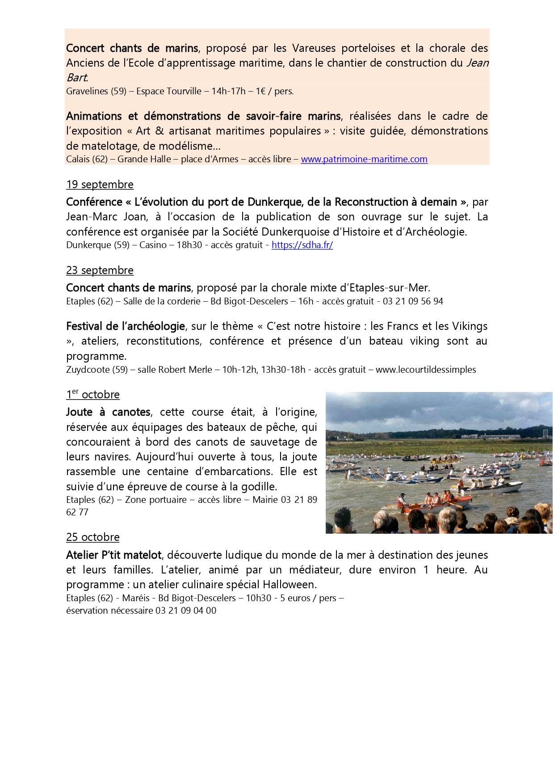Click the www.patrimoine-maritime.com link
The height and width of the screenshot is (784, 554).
pyautogui.click(x=364, y=159)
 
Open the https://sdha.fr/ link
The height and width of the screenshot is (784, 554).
pyautogui.click(x=302, y=245)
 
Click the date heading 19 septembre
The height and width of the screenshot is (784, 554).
pyautogui.click(x=100, y=185)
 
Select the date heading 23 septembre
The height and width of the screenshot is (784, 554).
pyautogui.click(x=100, y=270)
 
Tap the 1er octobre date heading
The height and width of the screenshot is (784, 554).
pyautogui.click(x=93, y=395)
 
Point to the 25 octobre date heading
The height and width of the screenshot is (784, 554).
pyautogui.click(x=93, y=537)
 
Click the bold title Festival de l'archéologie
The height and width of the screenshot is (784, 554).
pyautogui.click(x=126, y=326)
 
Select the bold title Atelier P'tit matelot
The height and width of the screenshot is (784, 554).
pyautogui.click(x=113, y=555)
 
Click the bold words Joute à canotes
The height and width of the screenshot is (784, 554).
pyautogui.click(x=108, y=412)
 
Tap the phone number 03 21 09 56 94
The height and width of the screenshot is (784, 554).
pyautogui.click(x=413, y=301)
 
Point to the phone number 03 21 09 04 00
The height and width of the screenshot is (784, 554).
pyautogui.click(x=186, y=611)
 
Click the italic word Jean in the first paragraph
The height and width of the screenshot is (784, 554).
pyautogui.click(x=478, y=63)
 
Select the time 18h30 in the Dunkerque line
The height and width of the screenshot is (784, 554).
pyautogui.click(x=189, y=245)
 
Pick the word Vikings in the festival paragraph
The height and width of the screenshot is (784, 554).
pyautogui.click(x=469, y=326)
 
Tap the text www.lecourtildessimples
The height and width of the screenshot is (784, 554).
pyautogui.click(x=426, y=370)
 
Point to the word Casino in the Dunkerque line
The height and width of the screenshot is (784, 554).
pyautogui.click(x=153, y=245)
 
